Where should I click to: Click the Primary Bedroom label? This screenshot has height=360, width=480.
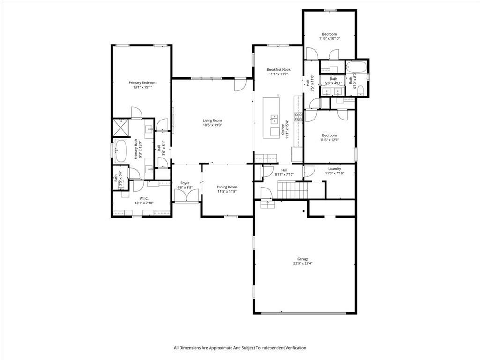[142, 82]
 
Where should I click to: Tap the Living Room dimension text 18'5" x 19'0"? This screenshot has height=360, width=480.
[212, 125]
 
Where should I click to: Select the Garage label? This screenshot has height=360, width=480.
[302, 259]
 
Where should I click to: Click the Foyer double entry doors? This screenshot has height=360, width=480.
[186, 195]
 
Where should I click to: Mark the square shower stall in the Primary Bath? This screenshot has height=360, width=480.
[121, 127]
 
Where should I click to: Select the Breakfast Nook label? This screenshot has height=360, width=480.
[278, 69]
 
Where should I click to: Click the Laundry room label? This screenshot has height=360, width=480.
[334, 169]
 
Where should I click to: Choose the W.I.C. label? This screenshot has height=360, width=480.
[143, 198]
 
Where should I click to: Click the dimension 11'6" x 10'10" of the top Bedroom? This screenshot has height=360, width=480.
[330, 39]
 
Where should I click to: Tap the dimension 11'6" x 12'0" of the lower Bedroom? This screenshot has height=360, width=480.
[329, 140]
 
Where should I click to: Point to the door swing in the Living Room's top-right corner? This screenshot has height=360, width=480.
[240, 85]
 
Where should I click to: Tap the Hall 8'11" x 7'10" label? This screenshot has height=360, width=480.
[284, 170]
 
